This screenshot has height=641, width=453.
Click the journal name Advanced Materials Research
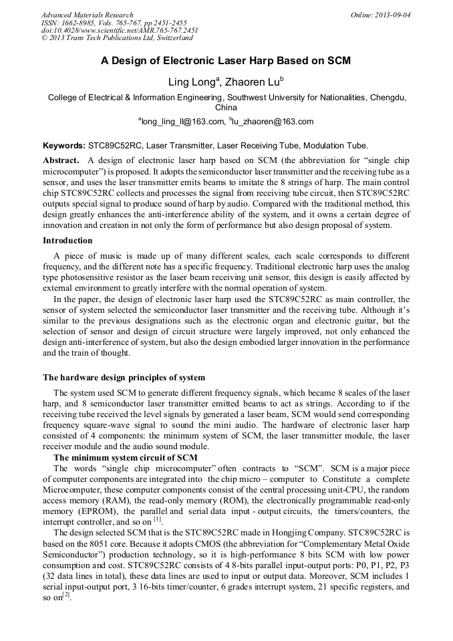pos(87,15)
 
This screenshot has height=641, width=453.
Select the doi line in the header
pos(120,30)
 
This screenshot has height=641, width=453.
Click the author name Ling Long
pos(190,82)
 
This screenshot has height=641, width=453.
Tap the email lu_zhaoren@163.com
pos(273,122)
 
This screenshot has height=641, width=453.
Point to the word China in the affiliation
pos(226,107)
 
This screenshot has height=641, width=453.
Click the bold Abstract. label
pos(62,161)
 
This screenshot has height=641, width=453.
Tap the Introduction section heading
pos(67,240)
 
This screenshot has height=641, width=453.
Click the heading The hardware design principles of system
pos(124,378)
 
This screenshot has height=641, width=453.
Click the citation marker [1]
pos(157,519)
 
